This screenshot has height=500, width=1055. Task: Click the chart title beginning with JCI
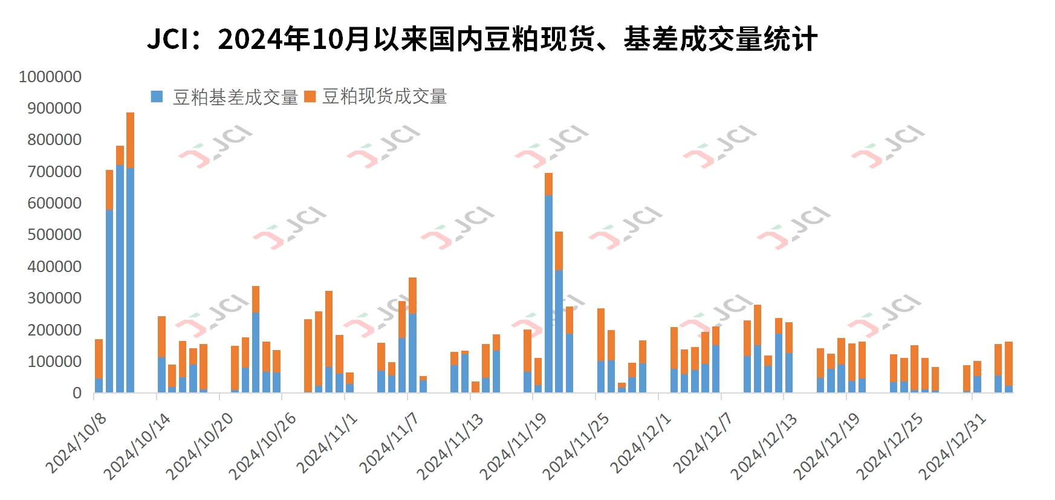click(x=482, y=39)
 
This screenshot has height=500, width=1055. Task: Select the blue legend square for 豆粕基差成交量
click(x=157, y=97)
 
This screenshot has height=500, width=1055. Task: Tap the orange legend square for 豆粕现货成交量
click(x=310, y=97)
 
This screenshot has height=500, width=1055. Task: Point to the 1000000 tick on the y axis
click(x=50, y=77)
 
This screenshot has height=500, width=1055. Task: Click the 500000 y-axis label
click(x=54, y=235)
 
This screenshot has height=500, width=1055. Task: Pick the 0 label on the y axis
click(x=77, y=393)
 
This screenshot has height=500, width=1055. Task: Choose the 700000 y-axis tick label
click(x=54, y=172)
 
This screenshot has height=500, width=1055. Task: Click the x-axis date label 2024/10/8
click(x=77, y=443)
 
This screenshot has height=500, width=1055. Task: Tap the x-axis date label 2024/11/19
click(x=514, y=446)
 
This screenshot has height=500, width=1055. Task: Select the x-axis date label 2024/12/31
click(x=953, y=446)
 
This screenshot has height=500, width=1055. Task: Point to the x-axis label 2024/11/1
click(x=327, y=443)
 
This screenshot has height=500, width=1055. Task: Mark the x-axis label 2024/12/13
click(x=764, y=446)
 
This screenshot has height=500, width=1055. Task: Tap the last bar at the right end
click(x=1008, y=367)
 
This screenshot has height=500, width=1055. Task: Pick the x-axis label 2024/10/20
click(x=200, y=446)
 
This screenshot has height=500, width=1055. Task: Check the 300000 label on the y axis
click(x=54, y=298)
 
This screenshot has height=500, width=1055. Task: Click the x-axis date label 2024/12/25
click(x=890, y=446)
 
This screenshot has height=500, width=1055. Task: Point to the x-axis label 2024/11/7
click(x=389, y=443)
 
